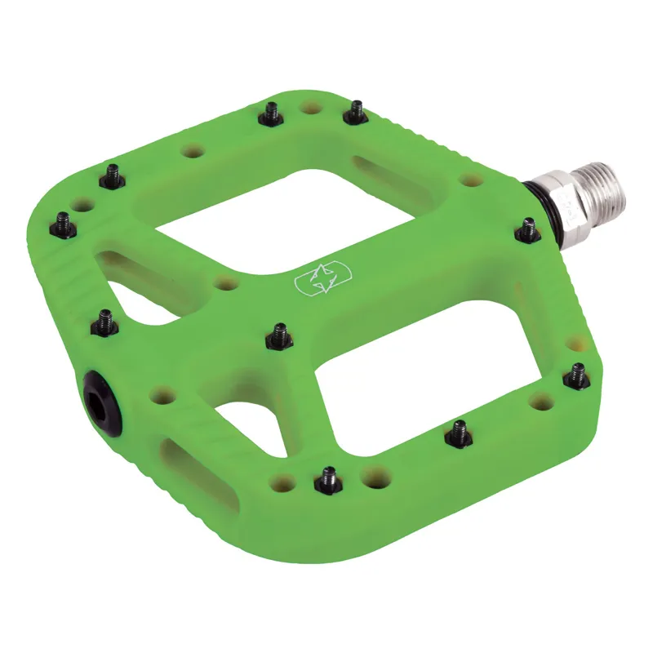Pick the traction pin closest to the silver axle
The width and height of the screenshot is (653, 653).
[527, 230]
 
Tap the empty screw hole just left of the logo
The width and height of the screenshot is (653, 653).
[225, 284]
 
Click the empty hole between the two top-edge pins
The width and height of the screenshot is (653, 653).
[310, 107]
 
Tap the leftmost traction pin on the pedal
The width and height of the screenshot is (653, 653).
[62, 222]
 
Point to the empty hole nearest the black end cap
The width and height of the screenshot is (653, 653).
[162, 396]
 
